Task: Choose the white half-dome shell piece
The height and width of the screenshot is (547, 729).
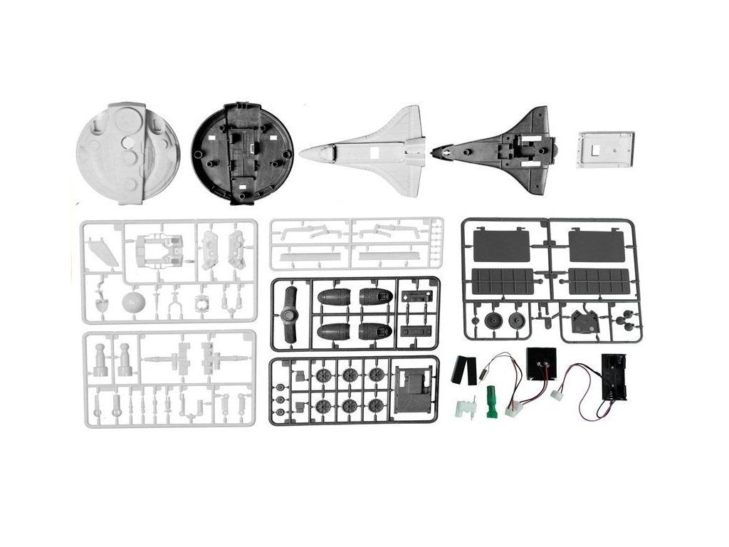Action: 128,153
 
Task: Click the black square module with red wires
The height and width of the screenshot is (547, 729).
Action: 541,366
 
